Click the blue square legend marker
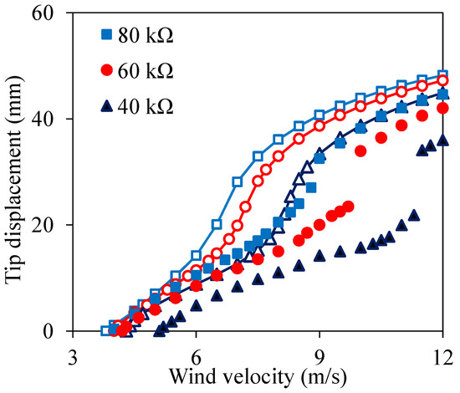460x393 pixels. [x=106, y=35]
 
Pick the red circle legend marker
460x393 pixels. [x=106, y=72]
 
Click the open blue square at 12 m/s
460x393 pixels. [x=442, y=75]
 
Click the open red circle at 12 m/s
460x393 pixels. [x=442, y=81]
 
